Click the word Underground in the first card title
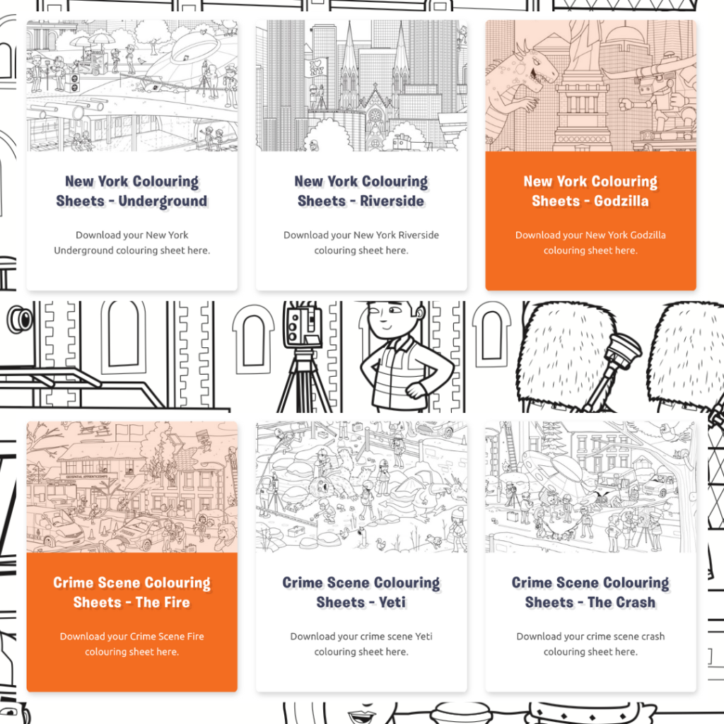click(x=163, y=202)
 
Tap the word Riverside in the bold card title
click(x=392, y=201)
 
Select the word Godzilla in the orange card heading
click(x=621, y=201)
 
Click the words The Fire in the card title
click(x=163, y=602)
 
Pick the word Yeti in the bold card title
click(x=392, y=602)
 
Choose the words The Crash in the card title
click(x=621, y=602)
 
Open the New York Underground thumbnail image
click(x=132, y=86)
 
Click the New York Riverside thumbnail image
click(x=361, y=86)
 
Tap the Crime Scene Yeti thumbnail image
click(x=361, y=487)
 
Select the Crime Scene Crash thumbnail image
click(x=590, y=487)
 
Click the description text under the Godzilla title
click(x=590, y=243)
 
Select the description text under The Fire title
click(x=132, y=644)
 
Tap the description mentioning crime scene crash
click(x=590, y=644)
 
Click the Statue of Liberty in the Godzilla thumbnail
click(x=583, y=83)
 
